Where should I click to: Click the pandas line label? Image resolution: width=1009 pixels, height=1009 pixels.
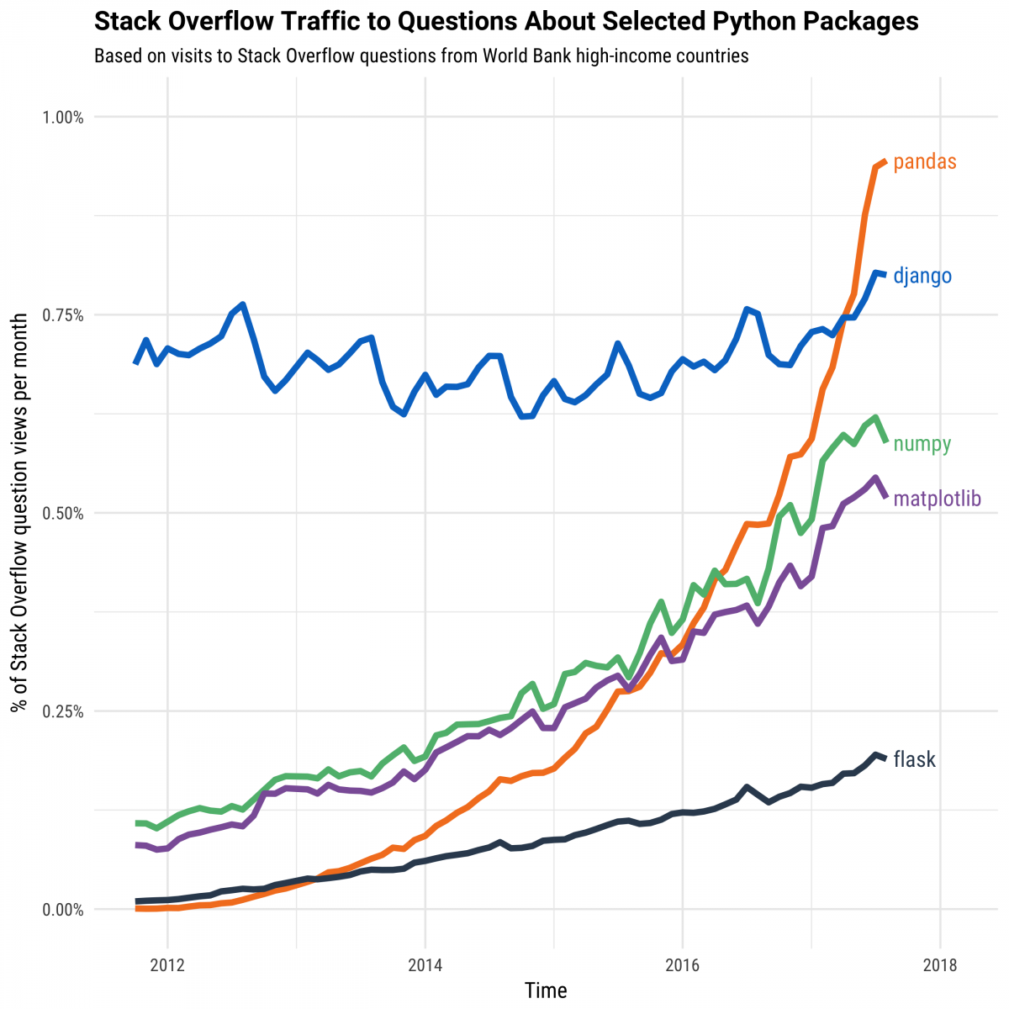[x=924, y=162]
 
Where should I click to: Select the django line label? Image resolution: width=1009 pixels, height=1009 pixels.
[x=922, y=276]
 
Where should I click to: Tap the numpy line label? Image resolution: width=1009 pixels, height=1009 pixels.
[x=922, y=444]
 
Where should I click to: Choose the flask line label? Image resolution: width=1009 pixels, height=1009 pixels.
[x=914, y=759]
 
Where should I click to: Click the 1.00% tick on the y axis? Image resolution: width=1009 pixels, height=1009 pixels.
[x=63, y=118]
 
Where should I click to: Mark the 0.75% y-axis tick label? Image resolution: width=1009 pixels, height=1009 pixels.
[x=63, y=315]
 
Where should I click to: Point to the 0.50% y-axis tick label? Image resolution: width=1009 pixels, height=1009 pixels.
[x=63, y=514]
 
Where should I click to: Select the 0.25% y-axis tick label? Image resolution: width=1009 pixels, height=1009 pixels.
[x=63, y=711]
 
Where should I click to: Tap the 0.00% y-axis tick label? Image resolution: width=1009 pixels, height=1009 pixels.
[x=63, y=910]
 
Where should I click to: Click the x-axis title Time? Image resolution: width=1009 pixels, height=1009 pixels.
[x=546, y=991]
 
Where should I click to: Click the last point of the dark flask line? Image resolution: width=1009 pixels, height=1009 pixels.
[x=885, y=758]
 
